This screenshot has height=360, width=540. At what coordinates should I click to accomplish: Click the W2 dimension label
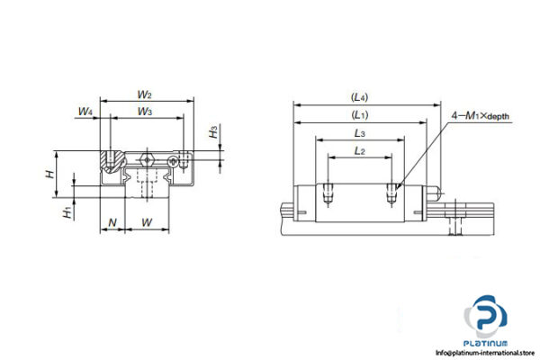click(x=144, y=94)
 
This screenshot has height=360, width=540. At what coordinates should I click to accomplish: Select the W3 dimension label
click(x=144, y=111)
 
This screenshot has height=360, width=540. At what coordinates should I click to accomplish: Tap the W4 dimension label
click(x=85, y=112)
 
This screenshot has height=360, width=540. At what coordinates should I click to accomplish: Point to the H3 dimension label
click(x=213, y=132)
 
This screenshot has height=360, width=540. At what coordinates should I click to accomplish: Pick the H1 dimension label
click(x=67, y=212)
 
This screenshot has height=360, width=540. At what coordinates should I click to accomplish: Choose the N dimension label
click(x=112, y=220)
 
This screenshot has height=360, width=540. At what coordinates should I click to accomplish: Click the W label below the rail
click(x=148, y=220)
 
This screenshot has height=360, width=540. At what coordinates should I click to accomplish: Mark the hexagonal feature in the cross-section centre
click(x=148, y=163)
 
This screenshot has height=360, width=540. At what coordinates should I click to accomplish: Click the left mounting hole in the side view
click(x=329, y=191)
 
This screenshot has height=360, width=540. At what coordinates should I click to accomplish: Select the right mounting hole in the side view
click(x=392, y=191)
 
